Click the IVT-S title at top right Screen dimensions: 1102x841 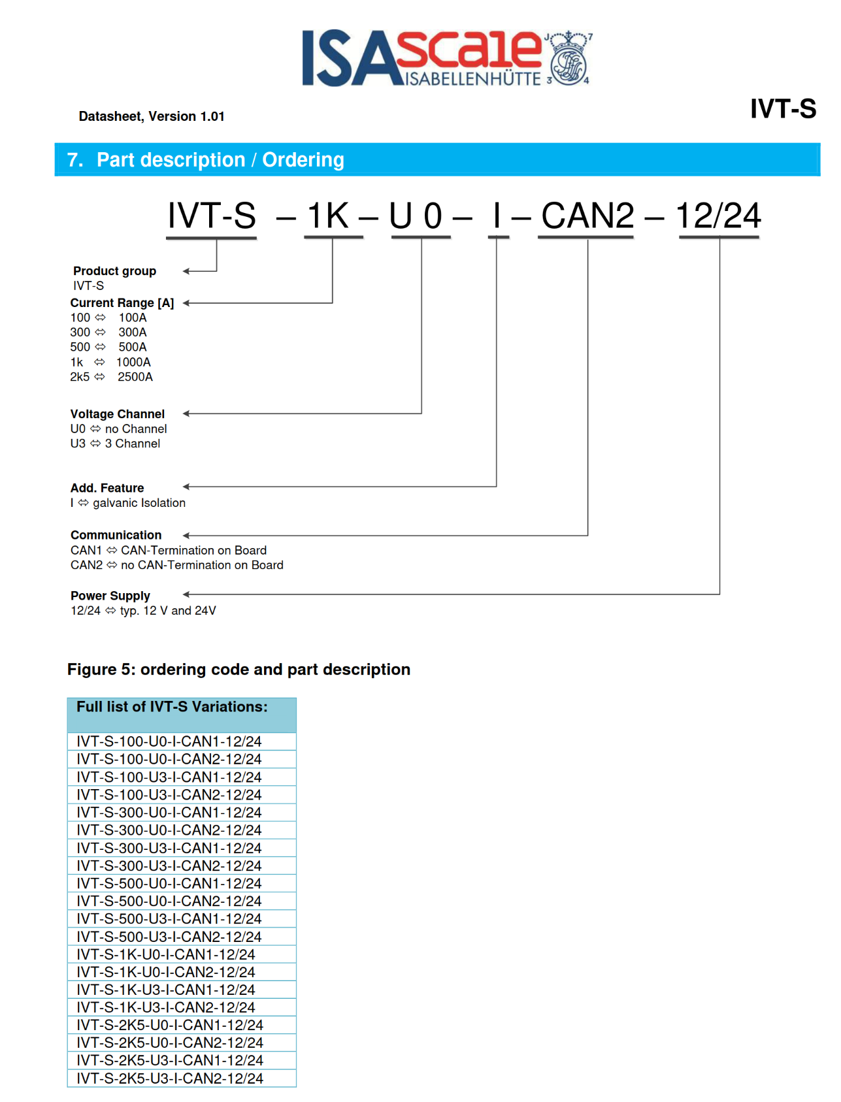tap(782, 108)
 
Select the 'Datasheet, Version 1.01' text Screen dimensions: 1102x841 tap(152, 116)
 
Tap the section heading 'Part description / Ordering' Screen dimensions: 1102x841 tap(220, 160)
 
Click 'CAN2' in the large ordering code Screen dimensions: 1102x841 tap(587, 216)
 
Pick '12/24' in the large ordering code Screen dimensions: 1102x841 tap(718, 216)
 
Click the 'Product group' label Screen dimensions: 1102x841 tap(114, 271)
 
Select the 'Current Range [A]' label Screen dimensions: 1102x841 tap(122, 303)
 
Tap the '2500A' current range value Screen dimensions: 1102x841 tap(135, 377)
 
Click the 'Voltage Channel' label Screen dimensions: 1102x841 tap(118, 414)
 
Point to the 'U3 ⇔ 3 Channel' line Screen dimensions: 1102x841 tap(115, 444)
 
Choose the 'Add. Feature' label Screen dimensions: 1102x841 tap(107, 488)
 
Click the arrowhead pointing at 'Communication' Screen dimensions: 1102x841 tap(186, 536)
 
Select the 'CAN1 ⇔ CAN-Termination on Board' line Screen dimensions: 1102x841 tap(169, 551)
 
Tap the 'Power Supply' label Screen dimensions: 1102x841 tap(110, 596)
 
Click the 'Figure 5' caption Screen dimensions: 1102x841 tap(239, 670)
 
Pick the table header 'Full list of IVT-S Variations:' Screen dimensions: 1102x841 tap(172, 707)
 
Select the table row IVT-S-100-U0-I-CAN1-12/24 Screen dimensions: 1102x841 tap(169, 742)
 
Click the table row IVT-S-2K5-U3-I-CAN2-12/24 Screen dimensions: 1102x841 tap(170, 1078)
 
